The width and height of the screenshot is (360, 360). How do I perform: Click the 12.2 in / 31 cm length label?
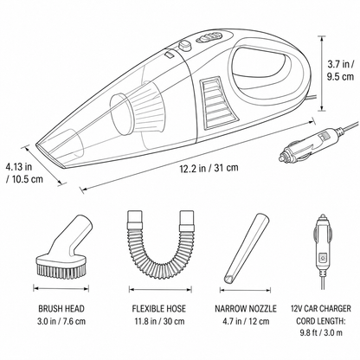click(209, 168)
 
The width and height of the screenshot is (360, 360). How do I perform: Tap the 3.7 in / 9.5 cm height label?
click(340, 70)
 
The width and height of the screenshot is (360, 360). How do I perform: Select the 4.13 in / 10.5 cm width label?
click(24, 173)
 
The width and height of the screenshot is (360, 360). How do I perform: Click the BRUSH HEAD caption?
click(61, 308)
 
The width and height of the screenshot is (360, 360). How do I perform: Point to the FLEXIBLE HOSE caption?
click(159, 308)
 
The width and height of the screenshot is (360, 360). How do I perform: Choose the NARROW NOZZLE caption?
click(246, 308)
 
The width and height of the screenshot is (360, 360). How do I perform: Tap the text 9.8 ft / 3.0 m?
click(321, 332)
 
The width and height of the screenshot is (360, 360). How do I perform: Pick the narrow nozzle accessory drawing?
click(247, 248)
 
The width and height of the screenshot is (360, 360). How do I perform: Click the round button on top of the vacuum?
click(184, 46)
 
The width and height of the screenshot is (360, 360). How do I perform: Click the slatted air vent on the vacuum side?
click(218, 103)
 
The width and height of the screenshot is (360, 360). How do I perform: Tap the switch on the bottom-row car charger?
click(322, 257)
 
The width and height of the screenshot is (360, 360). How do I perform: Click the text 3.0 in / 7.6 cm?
click(61, 321)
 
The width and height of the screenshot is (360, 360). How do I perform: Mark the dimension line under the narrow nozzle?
click(245, 290)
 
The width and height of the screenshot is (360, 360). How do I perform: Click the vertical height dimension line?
click(321, 74)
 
